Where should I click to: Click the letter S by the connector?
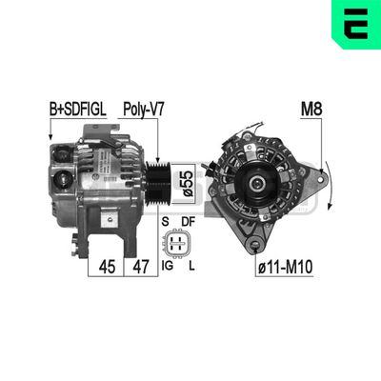(168, 221)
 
